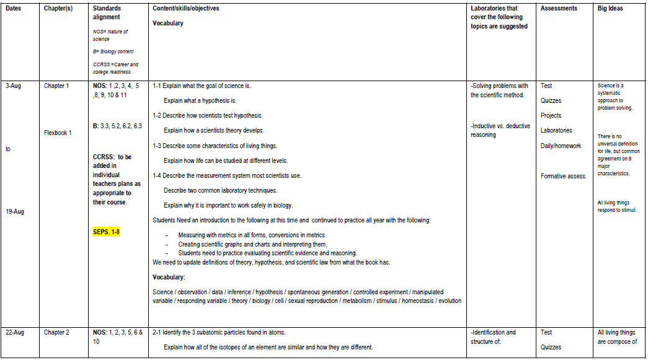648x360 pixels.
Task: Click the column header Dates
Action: click(x=13, y=9)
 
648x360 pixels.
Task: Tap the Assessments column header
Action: click(x=559, y=9)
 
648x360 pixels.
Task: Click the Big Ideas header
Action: click(x=610, y=9)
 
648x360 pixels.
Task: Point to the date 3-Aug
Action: click(x=13, y=86)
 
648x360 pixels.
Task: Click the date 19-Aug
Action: click(x=15, y=212)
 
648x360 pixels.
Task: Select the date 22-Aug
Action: click(x=15, y=333)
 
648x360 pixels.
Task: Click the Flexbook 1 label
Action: click(x=58, y=133)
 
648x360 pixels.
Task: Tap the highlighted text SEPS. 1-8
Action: click(x=106, y=232)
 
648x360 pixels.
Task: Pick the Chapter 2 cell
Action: click(x=56, y=333)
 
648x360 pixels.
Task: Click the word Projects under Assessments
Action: click(x=551, y=116)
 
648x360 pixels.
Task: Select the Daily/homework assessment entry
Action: click(x=561, y=146)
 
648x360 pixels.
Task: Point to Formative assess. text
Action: click(x=563, y=177)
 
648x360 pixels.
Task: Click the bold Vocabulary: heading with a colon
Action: click(x=169, y=277)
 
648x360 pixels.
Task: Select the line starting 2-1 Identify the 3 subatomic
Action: click(x=219, y=333)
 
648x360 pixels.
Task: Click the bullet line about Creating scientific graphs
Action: click(x=252, y=244)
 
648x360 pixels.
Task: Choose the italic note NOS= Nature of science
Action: click(x=110, y=35)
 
